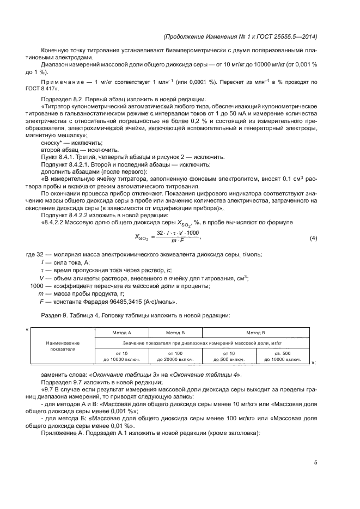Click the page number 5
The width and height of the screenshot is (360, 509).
tap(316, 463)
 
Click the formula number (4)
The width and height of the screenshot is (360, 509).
tap(313, 238)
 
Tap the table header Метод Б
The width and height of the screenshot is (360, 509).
tap(175, 331)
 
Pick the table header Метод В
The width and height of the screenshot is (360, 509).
tap(255, 331)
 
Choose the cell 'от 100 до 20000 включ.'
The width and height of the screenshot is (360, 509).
tap(175, 357)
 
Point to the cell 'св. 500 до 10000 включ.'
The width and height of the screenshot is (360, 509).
tap(283, 357)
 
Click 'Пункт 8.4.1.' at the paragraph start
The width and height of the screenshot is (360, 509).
tap(56, 155)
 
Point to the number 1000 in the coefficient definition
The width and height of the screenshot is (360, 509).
tap(37, 286)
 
